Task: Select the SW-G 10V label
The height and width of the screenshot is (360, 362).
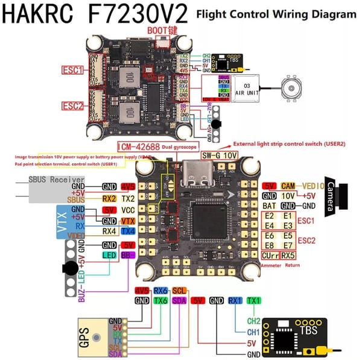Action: [x=219, y=156]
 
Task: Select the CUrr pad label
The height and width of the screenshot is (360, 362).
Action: [x=270, y=256]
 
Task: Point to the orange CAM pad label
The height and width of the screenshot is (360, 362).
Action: [x=288, y=186]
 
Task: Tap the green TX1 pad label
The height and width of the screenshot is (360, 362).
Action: [x=254, y=300]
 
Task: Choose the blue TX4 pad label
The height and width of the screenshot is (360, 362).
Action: [x=127, y=230]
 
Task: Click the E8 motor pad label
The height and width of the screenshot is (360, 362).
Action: [x=270, y=245]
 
